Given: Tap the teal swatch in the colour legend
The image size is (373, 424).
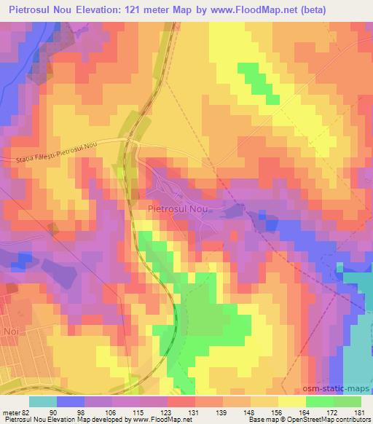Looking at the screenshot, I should pyautogui.click(x=42, y=401).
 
